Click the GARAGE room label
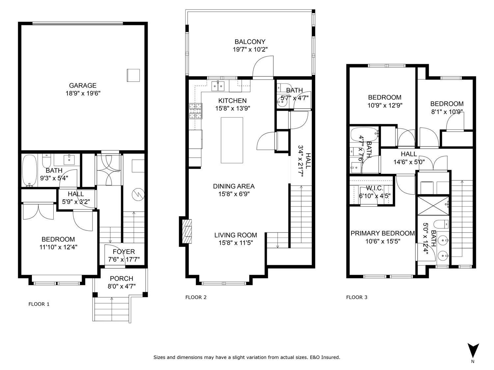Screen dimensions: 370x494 pos(83,86)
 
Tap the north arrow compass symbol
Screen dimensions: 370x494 pos(473,350)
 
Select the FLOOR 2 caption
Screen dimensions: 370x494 pos(196,297)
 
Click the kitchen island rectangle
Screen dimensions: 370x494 pos(232,140)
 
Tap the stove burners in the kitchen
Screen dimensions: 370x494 pos(195,111)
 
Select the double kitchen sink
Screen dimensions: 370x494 pos(218,86)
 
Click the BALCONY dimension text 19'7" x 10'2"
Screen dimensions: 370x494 pos(250,50)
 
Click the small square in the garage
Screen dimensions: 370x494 pos(133,75)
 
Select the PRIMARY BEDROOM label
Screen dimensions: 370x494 pos(382,233)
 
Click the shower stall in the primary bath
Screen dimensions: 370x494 pos(433,206)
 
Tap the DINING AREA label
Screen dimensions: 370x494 pos(233,186)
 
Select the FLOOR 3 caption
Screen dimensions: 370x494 pos(357,297)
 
